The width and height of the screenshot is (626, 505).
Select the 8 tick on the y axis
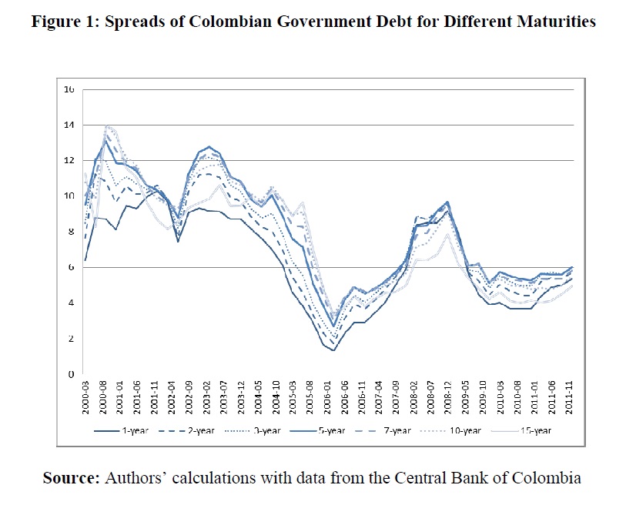click(x=71, y=232)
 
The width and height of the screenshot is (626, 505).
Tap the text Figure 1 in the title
click(x=61, y=22)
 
